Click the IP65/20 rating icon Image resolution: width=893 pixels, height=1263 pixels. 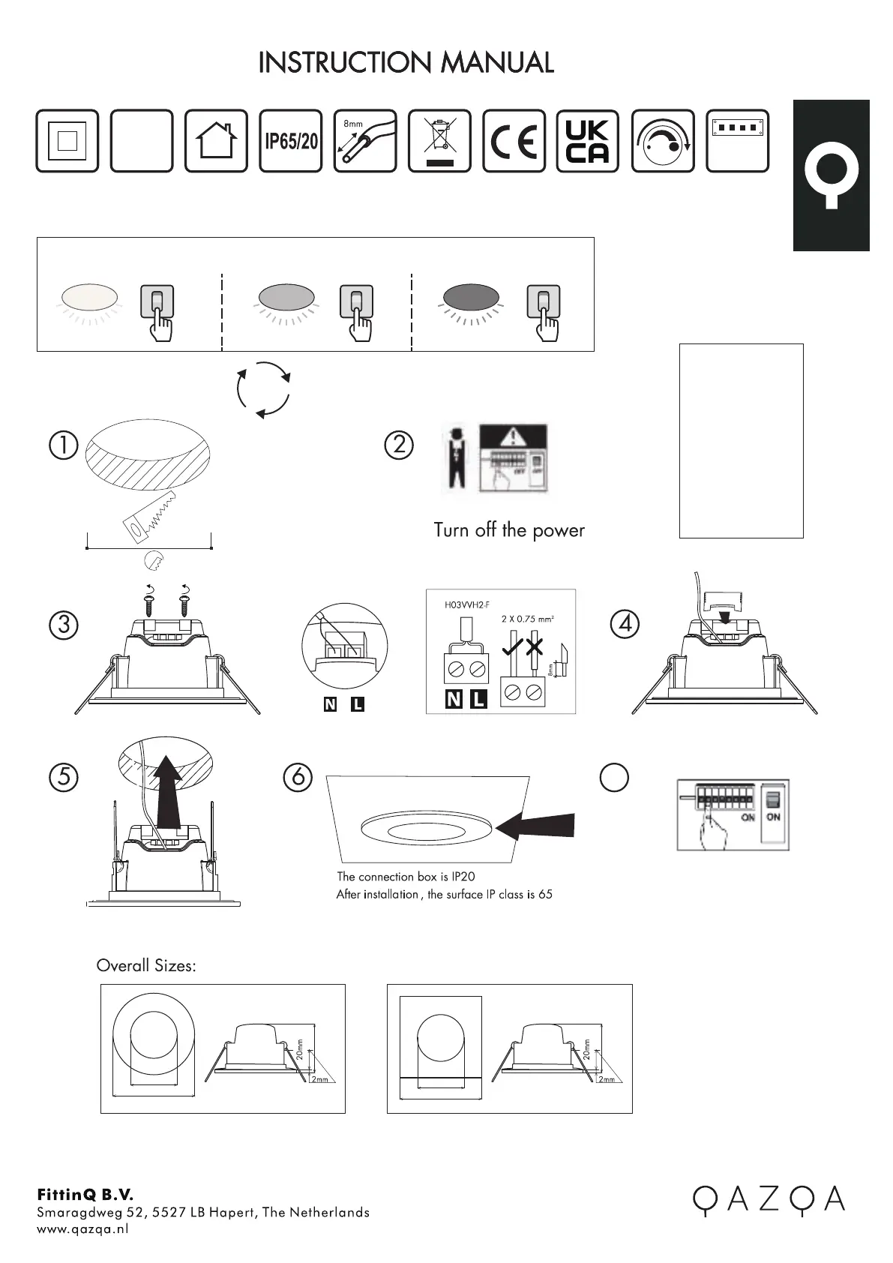291,141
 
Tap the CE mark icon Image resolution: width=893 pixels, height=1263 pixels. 514,141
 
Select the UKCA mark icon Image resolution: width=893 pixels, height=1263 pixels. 588,141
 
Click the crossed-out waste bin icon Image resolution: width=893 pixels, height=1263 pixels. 439,141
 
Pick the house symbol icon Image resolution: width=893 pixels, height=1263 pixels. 216,141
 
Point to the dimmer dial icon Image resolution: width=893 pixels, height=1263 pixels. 663,141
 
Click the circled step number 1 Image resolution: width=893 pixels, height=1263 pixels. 64,445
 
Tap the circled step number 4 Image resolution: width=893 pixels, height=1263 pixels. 625,623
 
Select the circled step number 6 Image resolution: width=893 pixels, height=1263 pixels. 298,776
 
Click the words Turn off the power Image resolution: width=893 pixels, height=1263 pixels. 508,530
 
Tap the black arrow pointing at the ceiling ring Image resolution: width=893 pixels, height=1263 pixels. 535,826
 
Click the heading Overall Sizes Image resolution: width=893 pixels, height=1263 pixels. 146,966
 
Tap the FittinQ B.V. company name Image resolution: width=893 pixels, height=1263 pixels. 85,1194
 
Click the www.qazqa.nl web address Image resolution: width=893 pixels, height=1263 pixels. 82,1228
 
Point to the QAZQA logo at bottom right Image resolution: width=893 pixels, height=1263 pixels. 768,1200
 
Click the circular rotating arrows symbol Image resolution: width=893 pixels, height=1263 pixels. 263,388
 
